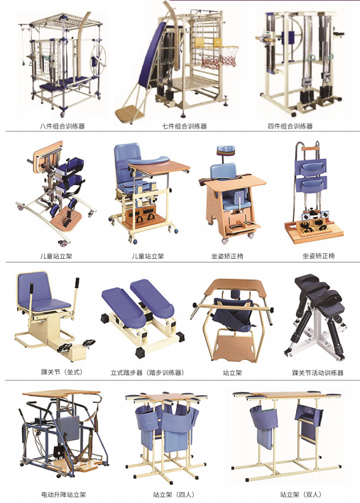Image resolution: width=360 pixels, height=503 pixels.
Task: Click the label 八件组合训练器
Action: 62,126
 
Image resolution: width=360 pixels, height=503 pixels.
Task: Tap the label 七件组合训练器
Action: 184,126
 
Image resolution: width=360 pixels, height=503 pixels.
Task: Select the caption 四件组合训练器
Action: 290,126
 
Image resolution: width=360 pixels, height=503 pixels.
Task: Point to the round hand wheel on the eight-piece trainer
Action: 99,60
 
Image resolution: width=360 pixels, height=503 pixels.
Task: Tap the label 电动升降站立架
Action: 64,494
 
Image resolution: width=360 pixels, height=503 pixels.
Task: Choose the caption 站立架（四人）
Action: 174,494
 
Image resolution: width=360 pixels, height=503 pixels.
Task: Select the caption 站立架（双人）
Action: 301,494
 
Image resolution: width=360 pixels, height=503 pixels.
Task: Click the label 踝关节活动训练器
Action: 317,372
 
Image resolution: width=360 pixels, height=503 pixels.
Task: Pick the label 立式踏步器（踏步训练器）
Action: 148,372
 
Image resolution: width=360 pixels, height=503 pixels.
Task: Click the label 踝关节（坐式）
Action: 62,372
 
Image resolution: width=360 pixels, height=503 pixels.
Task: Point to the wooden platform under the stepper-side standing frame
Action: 234,348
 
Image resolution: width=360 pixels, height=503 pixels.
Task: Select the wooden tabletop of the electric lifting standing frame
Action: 61,393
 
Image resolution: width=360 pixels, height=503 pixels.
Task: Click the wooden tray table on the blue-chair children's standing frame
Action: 159,167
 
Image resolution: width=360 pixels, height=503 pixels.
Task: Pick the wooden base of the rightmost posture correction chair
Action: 313,233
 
